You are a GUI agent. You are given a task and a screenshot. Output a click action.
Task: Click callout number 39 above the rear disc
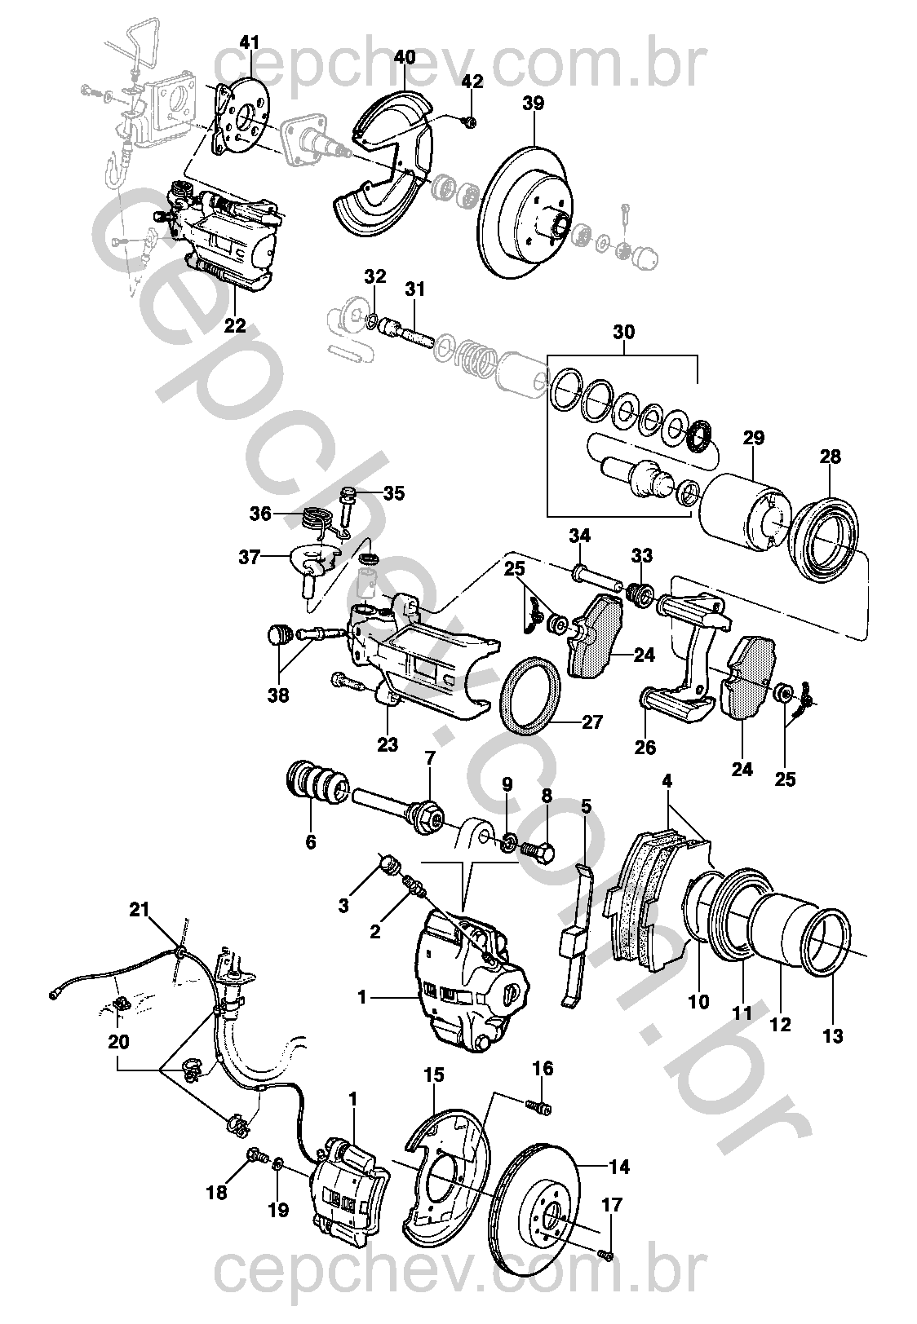coord(533,104)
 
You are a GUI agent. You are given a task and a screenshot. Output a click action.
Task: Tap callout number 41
coord(250,42)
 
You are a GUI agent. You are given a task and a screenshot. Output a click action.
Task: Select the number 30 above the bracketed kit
coord(623,332)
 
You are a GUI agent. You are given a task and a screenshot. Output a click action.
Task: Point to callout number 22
coord(234,325)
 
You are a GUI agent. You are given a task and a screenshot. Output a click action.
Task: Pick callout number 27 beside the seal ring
coord(592,722)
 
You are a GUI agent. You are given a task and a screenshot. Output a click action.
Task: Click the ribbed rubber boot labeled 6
coord(317,786)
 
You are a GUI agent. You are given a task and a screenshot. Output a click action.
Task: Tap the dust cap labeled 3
coord(388,865)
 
